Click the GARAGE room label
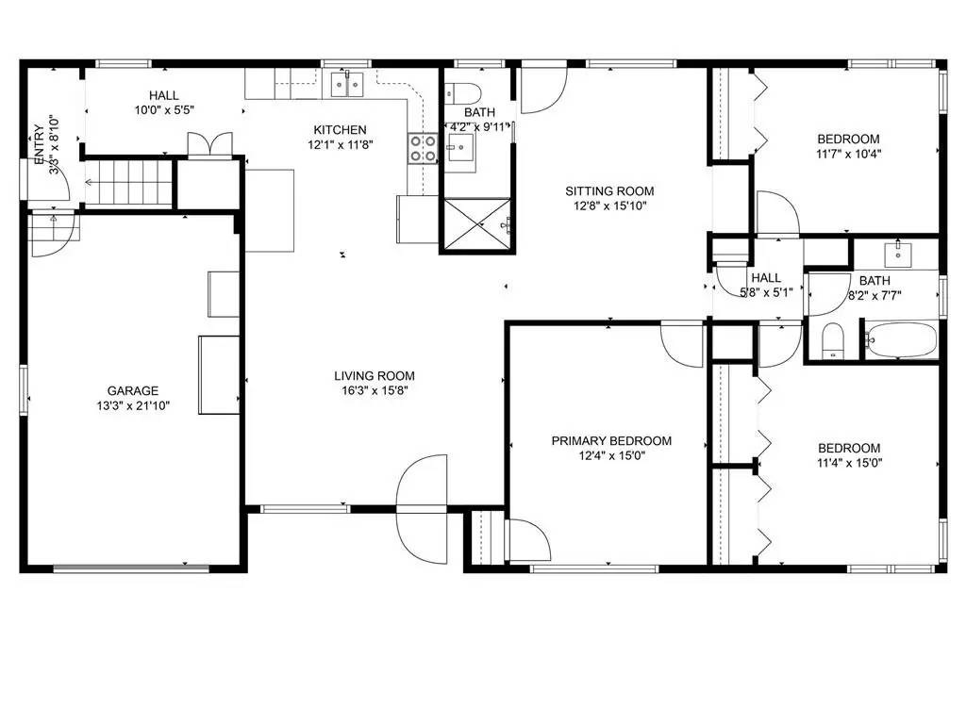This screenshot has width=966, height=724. (132, 390)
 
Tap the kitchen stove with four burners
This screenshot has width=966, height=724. (422, 147)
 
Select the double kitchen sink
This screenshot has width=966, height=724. (348, 84)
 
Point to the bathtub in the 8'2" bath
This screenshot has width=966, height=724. (902, 339)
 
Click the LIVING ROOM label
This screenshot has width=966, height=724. (374, 375)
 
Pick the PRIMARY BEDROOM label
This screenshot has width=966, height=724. (611, 440)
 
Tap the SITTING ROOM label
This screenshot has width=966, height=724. (609, 190)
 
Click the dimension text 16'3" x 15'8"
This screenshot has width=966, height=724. (374, 390)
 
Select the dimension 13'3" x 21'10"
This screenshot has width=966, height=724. (132, 406)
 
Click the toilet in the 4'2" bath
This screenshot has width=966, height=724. (463, 91)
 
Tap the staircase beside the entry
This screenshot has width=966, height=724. (129, 182)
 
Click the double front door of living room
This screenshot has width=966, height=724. (421, 509)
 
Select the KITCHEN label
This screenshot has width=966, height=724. (340, 130)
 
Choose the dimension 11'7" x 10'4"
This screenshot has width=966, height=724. (849, 153)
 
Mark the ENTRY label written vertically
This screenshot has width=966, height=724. (39, 146)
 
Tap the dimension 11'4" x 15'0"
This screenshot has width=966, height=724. (849, 463)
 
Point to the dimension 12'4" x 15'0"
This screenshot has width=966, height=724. (611, 455)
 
